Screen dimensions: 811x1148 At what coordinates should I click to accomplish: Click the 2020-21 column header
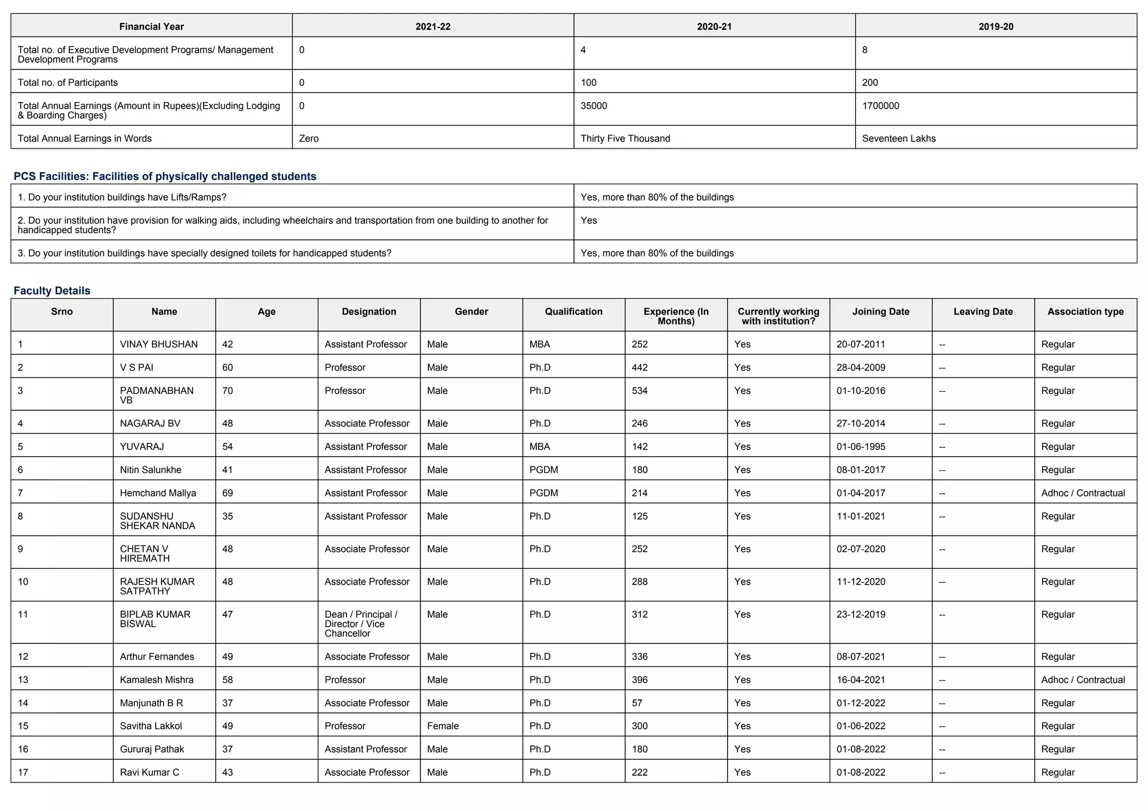(714, 26)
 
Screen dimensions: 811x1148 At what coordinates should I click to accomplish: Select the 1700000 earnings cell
(881, 106)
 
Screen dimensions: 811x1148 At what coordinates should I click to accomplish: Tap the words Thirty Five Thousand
(625, 138)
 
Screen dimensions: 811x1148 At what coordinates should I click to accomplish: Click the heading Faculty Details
(52, 290)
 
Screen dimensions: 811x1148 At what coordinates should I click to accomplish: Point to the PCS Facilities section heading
(165, 177)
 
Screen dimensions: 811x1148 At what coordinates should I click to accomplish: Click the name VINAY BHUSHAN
(159, 344)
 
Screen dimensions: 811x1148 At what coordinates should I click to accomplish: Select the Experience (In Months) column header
(676, 316)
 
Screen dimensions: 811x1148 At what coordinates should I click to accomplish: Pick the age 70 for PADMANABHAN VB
(228, 391)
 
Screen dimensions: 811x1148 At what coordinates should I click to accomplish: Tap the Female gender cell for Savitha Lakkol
(443, 726)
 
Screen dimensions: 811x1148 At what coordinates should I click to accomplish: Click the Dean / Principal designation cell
(362, 624)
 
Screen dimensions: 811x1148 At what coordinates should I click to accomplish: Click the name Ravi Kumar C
(150, 772)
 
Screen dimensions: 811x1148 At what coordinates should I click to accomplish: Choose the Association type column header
(1085, 312)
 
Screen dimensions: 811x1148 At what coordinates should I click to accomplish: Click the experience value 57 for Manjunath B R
(637, 703)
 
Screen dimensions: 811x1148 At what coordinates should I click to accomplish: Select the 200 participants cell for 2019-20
(870, 82)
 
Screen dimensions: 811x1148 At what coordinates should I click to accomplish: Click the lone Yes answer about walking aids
(589, 220)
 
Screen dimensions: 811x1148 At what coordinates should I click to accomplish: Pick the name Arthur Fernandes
(157, 656)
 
